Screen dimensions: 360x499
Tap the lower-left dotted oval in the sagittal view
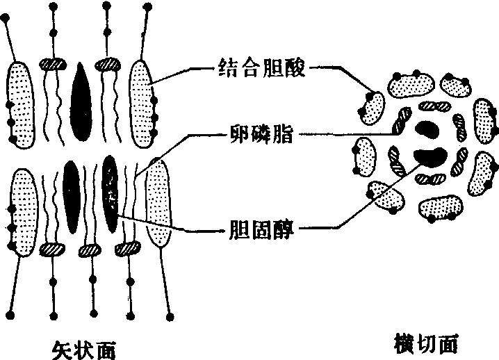pos(23,210)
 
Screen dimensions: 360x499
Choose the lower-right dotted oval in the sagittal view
pos(157,202)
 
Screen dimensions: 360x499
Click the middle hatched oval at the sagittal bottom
pos(90,249)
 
